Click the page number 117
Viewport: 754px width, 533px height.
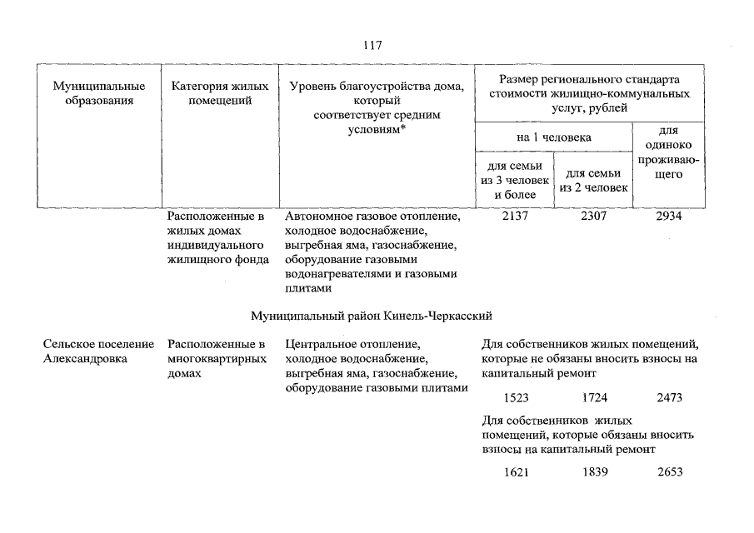[372, 44]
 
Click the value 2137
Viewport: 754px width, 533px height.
[517, 217]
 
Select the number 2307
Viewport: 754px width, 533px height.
[594, 217]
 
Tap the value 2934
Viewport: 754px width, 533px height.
[669, 217]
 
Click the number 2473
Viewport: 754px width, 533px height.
[669, 398]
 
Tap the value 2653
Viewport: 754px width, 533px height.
[669, 472]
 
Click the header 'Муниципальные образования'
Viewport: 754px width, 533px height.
[99, 93]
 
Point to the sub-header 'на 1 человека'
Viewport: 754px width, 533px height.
[553, 137]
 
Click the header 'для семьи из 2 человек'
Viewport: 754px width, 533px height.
[592, 181]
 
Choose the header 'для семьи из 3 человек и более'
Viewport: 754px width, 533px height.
[515, 181]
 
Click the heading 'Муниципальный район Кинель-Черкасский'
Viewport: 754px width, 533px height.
[372, 316]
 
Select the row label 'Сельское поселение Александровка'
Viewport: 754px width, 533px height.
[99, 351]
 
